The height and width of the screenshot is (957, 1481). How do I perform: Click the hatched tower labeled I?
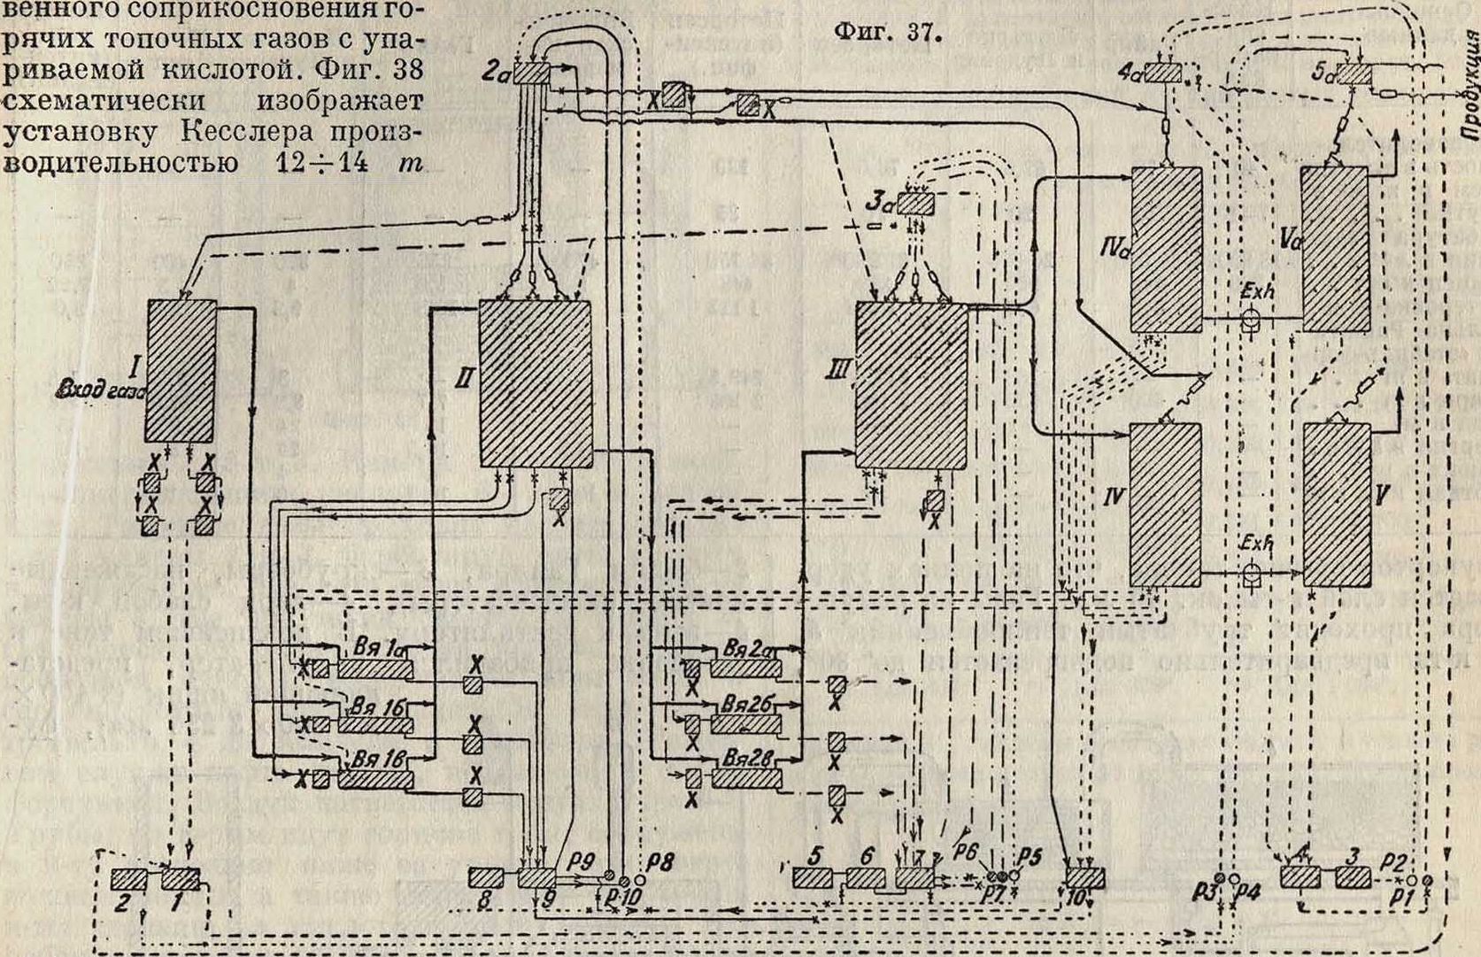pyautogui.click(x=181, y=370)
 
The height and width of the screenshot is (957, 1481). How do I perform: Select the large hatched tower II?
pyautogui.click(x=535, y=383)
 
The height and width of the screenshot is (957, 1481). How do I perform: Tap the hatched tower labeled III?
pyautogui.click(x=911, y=385)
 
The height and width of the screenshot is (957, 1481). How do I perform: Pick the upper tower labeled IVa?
pyautogui.click(x=1168, y=249)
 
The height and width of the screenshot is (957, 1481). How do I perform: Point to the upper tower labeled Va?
pyautogui.click(x=1335, y=249)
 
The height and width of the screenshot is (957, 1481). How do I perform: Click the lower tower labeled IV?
pyautogui.click(x=1166, y=505)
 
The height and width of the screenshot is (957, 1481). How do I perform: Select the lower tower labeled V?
pyautogui.click(x=1337, y=504)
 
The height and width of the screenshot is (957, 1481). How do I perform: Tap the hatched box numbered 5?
pyautogui.click(x=812, y=877)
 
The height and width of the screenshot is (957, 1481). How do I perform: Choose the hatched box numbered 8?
pyautogui.click(x=486, y=877)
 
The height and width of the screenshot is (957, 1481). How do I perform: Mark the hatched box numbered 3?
pyautogui.click(x=1354, y=877)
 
